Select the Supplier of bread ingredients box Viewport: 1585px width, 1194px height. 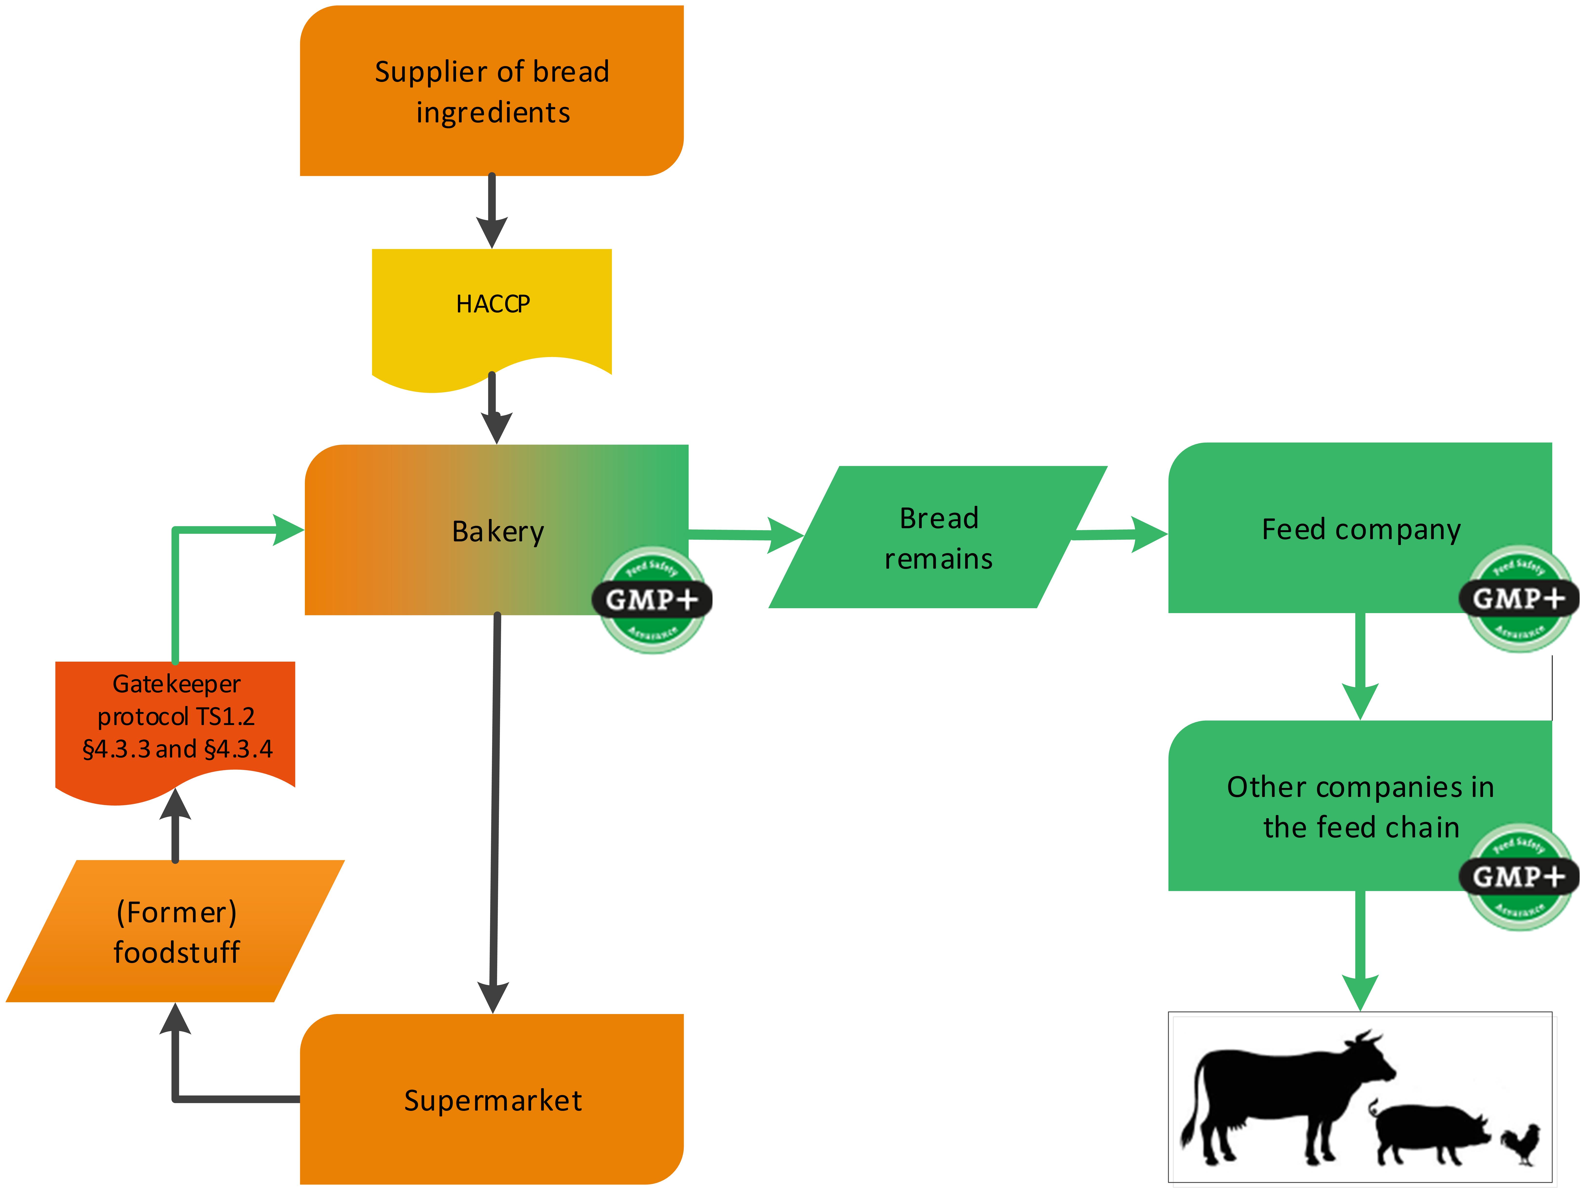pyautogui.click(x=492, y=91)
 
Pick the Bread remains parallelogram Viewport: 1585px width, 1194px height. pyautogui.click(x=938, y=537)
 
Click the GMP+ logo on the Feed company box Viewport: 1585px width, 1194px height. pyautogui.click(x=1518, y=598)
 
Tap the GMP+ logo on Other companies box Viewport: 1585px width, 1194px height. pyautogui.click(x=1518, y=876)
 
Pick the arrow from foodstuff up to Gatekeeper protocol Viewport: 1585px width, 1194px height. pyautogui.click(x=176, y=824)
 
